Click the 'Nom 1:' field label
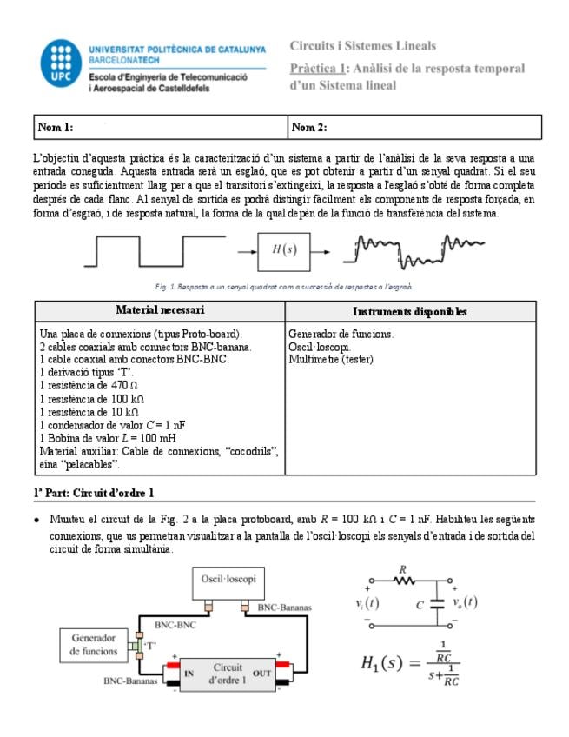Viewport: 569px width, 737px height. point(55,127)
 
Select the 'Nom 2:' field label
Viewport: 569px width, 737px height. point(309,127)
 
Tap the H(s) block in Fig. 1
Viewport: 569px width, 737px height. point(283,250)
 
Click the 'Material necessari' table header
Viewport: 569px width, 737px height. point(160,310)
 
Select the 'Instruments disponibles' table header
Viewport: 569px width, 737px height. point(409,311)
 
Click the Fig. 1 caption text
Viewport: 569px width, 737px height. point(284,286)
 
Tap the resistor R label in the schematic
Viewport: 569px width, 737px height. point(401,570)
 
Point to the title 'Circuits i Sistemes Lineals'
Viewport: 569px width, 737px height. point(363,46)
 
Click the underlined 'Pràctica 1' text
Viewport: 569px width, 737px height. point(318,67)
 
